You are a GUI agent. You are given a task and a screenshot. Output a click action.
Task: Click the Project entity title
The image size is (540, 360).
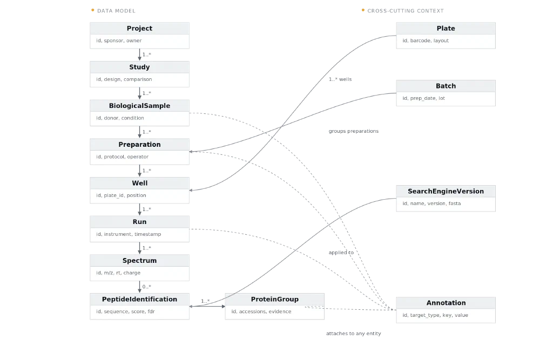click(139, 28)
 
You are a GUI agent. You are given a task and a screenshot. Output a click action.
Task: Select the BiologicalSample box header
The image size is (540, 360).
click(139, 106)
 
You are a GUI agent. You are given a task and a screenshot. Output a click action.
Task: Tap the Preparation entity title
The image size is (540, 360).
click(139, 145)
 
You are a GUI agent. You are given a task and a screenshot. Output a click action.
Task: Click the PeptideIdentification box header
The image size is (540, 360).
click(139, 300)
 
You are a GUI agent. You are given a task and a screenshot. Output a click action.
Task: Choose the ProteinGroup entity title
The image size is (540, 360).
click(275, 300)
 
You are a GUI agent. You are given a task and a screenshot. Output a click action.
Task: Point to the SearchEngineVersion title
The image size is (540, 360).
click(446, 192)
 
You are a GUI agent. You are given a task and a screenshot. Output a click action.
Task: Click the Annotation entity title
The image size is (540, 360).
click(446, 303)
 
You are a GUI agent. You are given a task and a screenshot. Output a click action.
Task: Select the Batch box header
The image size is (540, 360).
click(446, 86)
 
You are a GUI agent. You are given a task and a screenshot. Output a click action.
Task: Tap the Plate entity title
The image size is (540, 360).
click(446, 28)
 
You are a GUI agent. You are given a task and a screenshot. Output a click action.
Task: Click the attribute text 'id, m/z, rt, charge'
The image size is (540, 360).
click(118, 273)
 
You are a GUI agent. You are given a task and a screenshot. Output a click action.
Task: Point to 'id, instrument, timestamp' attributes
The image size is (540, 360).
click(129, 234)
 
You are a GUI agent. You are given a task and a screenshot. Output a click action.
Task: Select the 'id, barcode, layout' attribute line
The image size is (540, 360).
click(426, 40)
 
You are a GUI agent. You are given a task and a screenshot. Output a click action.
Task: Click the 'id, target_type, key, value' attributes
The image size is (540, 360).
click(435, 315)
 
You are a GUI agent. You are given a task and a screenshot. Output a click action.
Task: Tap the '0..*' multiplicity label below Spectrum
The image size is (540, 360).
click(147, 287)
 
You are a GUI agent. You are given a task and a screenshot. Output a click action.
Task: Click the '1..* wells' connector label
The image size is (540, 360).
click(340, 79)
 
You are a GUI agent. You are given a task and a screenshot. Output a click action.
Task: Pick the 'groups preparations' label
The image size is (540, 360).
click(354, 131)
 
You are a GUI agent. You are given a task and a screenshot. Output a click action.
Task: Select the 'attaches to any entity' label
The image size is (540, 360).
click(354, 334)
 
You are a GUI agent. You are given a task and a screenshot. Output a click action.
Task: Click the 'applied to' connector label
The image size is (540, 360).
click(341, 253)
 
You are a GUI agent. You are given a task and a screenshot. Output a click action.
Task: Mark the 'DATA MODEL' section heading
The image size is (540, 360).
click(116, 11)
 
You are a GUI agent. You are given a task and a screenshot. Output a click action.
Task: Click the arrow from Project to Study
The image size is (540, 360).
click(139, 55)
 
